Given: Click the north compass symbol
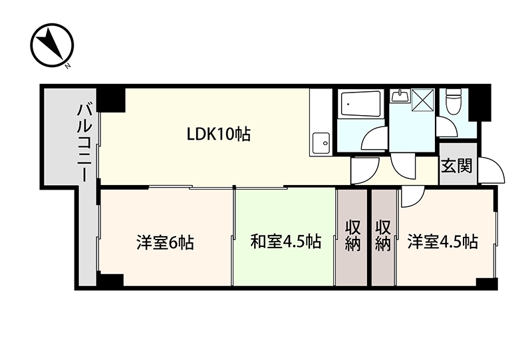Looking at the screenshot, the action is (52, 45).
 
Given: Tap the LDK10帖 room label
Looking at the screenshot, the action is (219, 134).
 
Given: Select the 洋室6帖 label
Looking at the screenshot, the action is (165, 242).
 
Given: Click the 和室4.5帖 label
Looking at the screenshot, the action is (285, 242).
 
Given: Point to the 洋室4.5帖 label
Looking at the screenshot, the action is (443, 242).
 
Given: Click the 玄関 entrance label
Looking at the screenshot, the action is (457, 166).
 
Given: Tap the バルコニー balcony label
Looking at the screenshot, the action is (85, 142).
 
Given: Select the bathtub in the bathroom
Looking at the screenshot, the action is (360, 104).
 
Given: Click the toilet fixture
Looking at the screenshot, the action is (454, 101).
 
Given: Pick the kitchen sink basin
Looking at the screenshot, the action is (321, 142).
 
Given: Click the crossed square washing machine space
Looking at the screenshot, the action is (422, 100).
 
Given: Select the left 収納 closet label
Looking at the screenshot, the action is (353, 236).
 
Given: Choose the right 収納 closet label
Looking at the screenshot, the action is (383, 236).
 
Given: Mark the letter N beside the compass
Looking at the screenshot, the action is (68, 66).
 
